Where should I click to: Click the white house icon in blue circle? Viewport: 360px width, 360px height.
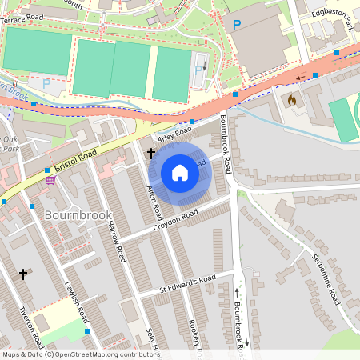[180, 173]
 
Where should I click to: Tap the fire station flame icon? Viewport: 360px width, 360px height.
[291, 101]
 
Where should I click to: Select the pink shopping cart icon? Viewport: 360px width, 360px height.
[50, 180]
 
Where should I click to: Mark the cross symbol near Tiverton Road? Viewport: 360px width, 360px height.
[23, 274]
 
